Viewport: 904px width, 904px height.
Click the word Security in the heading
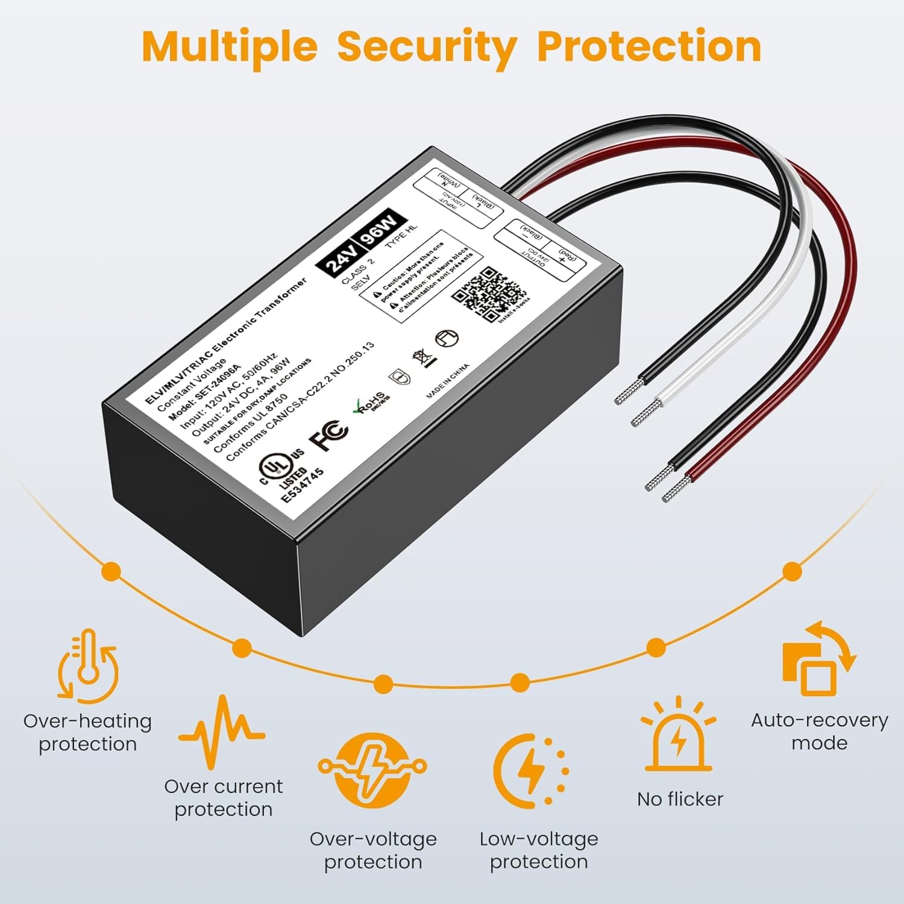point(427,47)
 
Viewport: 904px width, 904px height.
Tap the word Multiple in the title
point(230,47)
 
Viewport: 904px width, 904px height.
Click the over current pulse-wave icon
point(222,731)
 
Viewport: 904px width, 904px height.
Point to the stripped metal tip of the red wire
point(677,489)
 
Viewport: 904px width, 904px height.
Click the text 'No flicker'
point(680,799)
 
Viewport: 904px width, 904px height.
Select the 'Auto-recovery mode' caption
point(819,732)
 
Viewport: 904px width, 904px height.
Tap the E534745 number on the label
point(303,486)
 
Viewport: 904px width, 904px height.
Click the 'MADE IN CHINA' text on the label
point(447,381)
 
